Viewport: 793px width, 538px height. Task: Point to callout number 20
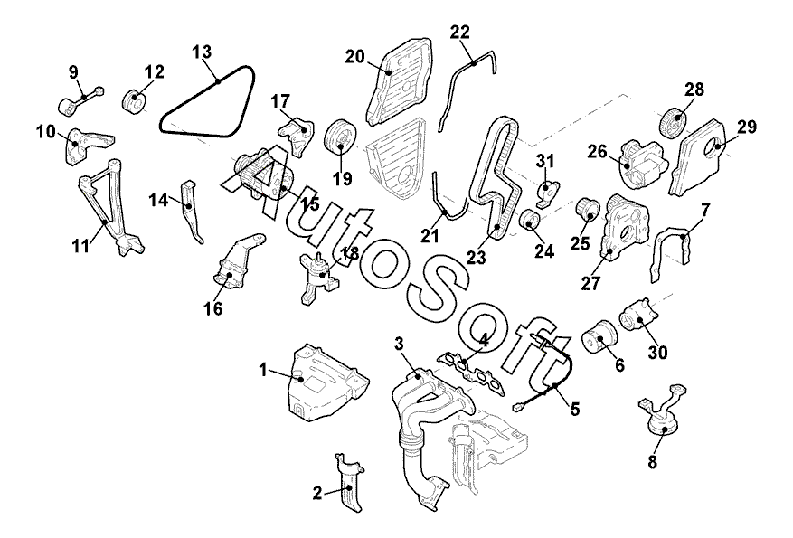(354, 57)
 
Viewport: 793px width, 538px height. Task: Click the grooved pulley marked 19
(341, 136)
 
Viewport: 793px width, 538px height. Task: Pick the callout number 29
(746, 127)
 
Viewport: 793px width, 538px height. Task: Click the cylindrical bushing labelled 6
(597, 340)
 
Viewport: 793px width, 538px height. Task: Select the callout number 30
(657, 353)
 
